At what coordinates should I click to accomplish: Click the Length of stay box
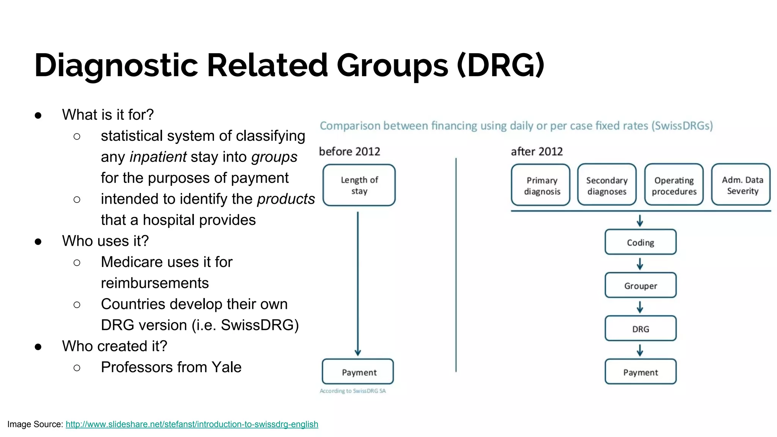[x=359, y=185]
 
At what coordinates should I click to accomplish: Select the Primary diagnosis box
[x=541, y=185]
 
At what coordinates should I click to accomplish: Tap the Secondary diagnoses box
[x=607, y=185]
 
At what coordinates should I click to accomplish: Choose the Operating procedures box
[x=674, y=185]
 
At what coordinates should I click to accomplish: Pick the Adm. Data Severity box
[x=741, y=185]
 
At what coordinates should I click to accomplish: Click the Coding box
[x=640, y=242]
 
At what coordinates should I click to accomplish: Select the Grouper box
[x=640, y=285]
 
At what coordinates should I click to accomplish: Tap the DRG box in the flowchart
[x=640, y=329]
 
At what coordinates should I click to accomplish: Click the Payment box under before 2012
[x=358, y=372]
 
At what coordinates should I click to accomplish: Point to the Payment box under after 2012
[x=640, y=372]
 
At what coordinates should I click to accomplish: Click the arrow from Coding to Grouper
[x=640, y=264]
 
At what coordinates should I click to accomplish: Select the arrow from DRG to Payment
[x=640, y=350]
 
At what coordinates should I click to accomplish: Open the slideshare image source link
[x=192, y=424]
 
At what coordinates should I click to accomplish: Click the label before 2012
[x=349, y=151]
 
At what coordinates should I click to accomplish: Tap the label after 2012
[x=536, y=151]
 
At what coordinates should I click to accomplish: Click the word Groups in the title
[x=392, y=65]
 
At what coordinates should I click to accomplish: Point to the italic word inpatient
[x=158, y=157]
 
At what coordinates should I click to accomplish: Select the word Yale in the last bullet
[x=226, y=367]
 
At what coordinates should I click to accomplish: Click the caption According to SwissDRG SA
[x=352, y=391]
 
